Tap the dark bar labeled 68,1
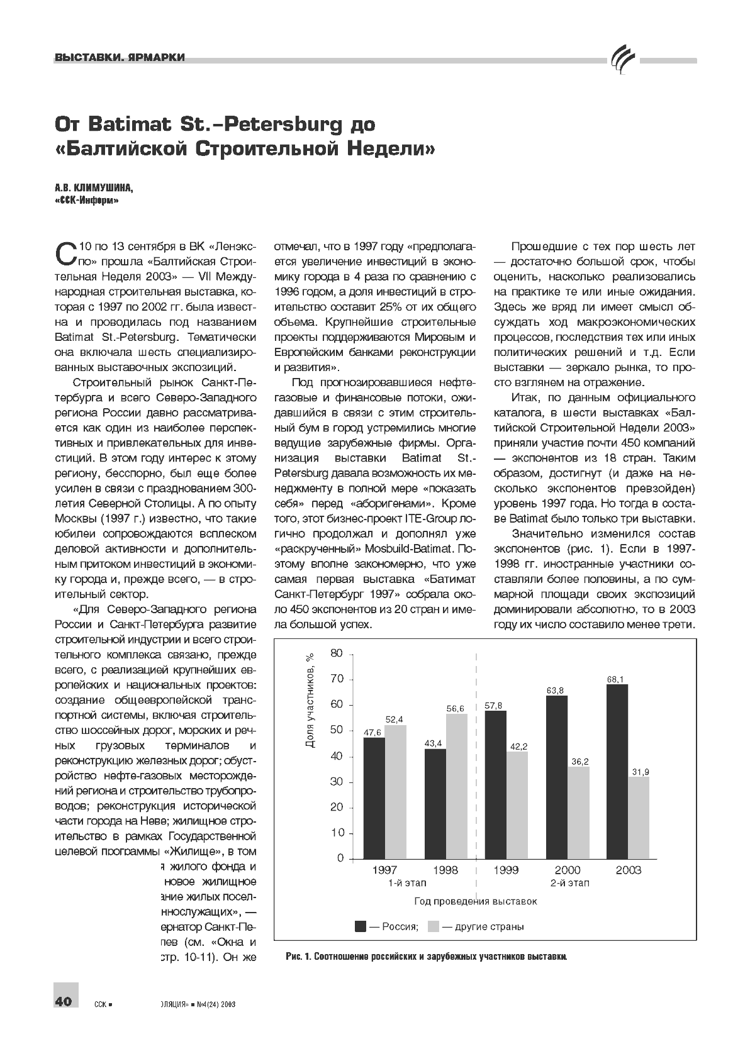click(x=617, y=771)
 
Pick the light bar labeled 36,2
click(x=578, y=812)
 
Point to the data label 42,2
click(x=518, y=747)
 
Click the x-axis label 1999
click(x=506, y=870)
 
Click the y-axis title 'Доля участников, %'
click(x=310, y=700)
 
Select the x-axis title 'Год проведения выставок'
click(x=476, y=901)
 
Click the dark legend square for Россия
click(x=361, y=926)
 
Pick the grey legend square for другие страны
click(x=434, y=926)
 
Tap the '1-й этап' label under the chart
click(x=403, y=883)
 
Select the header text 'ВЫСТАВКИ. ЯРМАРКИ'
click(x=120, y=58)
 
